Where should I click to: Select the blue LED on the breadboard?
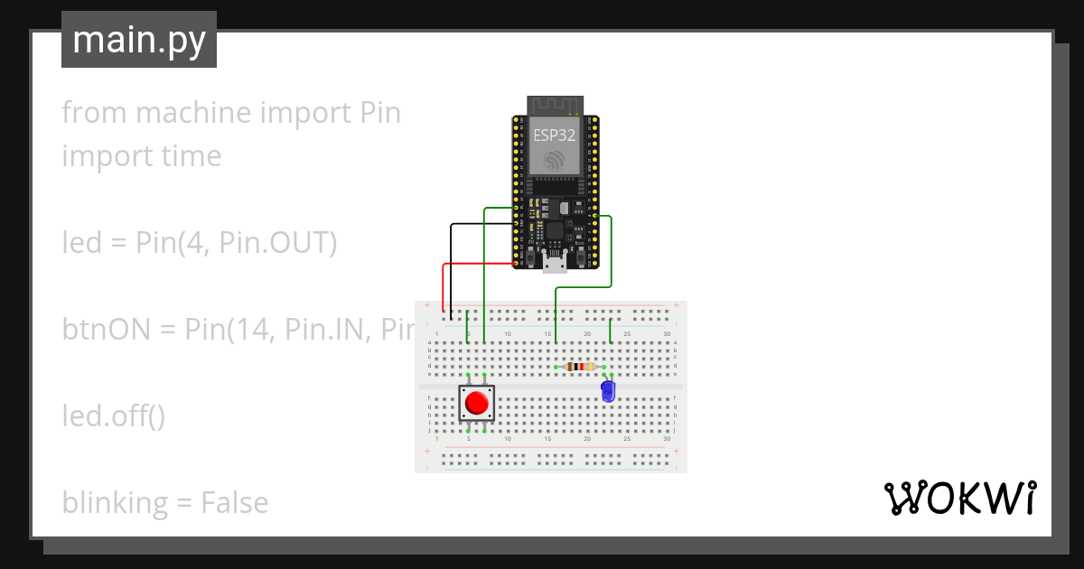608,391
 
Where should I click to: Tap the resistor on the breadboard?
579,367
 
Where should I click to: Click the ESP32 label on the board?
553,135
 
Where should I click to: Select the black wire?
452,262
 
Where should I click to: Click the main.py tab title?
139,41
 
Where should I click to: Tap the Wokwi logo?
959,498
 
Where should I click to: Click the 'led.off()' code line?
113,416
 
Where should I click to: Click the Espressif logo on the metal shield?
553,161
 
